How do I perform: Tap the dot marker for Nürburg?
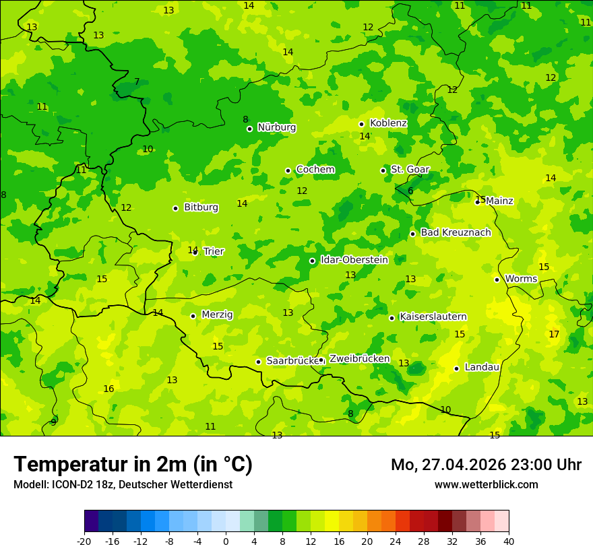pyautogui.click(x=249, y=129)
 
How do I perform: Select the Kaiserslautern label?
pyautogui.click(x=433, y=317)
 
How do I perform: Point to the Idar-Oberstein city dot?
pyautogui.click(x=312, y=261)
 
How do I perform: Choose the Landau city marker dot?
pyautogui.click(x=456, y=368)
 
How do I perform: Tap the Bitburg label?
pyautogui.click(x=201, y=207)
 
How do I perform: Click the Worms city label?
pyautogui.click(x=521, y=279)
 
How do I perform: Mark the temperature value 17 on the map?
pyautogui.click(x=554, y=334)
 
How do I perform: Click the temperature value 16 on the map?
pyautogui.click(x=108, y=389)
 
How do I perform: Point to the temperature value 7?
pyautogui.click(x=137, y=81)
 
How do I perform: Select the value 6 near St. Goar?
pyautogui.click(x=410, y=191)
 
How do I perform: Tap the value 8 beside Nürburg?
pyautogui.click(x=245, y=119)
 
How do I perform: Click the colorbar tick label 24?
pyautogui.click(x=396, y=541)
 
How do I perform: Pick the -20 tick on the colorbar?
pyautogui.click(x=84, y=541)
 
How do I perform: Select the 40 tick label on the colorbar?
pyautogui.click(x=509, y=541)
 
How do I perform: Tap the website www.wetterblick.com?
pyautogui.click(x=486, y=484)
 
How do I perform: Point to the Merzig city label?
pyautogui.click(x=217, y=315)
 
